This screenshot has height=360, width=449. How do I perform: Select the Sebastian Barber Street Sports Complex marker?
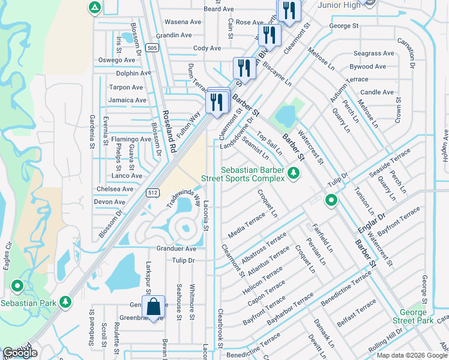[293, 173]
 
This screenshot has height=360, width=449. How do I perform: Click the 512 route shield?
[152, 191]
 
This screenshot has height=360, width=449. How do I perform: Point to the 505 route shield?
[152, 48]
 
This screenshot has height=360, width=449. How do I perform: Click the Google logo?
[20, 352]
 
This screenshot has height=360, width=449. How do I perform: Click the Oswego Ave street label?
[116, 60]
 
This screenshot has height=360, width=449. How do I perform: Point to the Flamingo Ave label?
[131, 139]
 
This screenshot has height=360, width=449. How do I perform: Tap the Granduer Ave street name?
[176, 248]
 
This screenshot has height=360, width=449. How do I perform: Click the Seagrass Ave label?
[374, 53]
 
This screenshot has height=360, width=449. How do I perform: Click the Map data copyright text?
[412, 355]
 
